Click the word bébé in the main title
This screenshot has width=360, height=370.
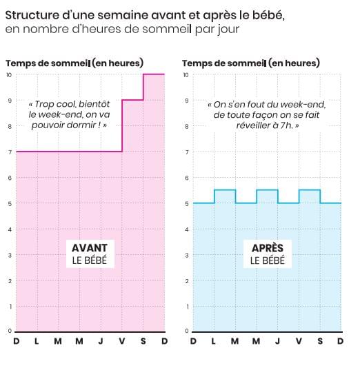268,16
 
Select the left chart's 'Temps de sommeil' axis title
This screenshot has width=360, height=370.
74,63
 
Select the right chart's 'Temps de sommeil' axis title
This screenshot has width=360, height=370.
251,63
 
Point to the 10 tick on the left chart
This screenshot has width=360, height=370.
9,75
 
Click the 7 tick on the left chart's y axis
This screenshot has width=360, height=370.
10,152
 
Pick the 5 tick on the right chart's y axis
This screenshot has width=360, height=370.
187,204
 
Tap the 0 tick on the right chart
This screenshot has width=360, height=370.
187,331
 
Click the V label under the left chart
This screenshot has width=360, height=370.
122,341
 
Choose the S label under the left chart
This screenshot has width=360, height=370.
143,341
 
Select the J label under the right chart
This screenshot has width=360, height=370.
277,341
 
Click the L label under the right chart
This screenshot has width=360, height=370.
213,341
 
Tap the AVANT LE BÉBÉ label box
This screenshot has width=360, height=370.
90,254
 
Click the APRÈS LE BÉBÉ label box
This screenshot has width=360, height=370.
268,254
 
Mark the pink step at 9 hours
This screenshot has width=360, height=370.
132,100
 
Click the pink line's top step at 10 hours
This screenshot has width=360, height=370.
154,74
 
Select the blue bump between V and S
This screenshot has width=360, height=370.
310,189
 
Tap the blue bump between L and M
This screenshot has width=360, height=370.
225,189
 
